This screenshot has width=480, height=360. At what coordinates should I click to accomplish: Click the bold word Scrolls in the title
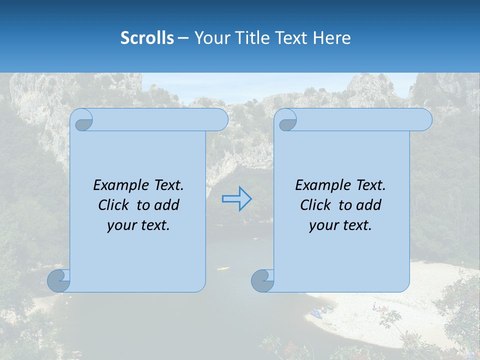147,37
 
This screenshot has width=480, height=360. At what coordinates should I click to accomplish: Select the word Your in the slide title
209,37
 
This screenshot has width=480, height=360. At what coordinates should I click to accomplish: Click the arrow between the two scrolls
236,198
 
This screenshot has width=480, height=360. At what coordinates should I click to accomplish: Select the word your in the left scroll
120,225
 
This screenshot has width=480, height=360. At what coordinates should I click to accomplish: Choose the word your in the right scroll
322,225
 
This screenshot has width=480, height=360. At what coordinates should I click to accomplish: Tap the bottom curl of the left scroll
58,280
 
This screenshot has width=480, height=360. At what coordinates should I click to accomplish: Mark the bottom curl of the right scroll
262,280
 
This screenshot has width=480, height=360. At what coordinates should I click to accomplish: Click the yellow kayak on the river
223,268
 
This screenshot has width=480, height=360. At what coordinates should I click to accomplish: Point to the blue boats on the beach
317,312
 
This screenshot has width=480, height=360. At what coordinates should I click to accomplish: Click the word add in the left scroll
166,205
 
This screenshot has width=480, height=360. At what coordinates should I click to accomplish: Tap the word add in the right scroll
369,205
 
